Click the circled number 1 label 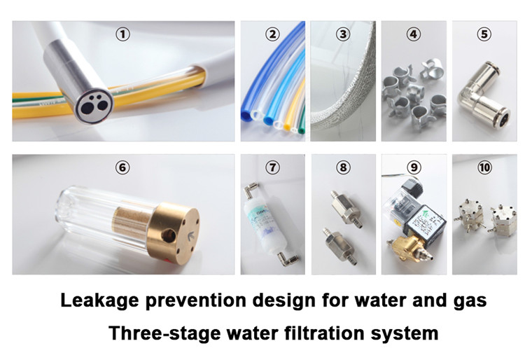coord(123,33)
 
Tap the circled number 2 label coord(273,33)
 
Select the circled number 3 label coord(342,33)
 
